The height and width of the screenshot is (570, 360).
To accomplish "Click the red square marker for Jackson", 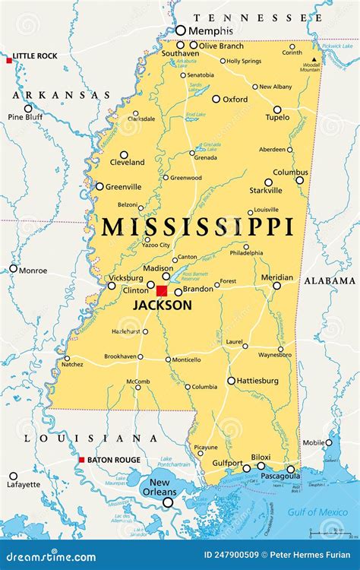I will pyautogui.click(x=161, y=290).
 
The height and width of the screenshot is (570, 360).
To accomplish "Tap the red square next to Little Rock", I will pyautogui.click(x=9, y=59).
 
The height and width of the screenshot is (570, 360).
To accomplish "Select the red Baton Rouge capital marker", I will pyautogui.click(x=82, y=460).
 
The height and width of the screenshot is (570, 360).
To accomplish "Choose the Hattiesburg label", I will pyautogui.click(x=257, y=381).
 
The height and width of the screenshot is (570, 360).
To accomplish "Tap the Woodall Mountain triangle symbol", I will pyautogui.click(x=314, y=59).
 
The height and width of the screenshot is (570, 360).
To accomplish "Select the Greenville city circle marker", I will pyautogui.click(x=99, y=186).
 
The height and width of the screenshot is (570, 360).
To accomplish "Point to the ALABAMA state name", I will pyautogui.click(x=330, y=281).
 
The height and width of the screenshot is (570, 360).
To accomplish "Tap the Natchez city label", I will pyautogui.click(x=73, y=365).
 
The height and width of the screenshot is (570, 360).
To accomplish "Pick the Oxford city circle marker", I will pyautogui.click(x=216, y=99).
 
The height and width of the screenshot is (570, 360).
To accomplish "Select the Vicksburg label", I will pyautogui.click(x=126, y=277).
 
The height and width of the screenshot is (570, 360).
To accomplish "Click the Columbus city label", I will pyautogui.click(x=290, y=173).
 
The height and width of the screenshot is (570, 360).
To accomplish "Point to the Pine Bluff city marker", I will pyautogui.click(x=28, y=108).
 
